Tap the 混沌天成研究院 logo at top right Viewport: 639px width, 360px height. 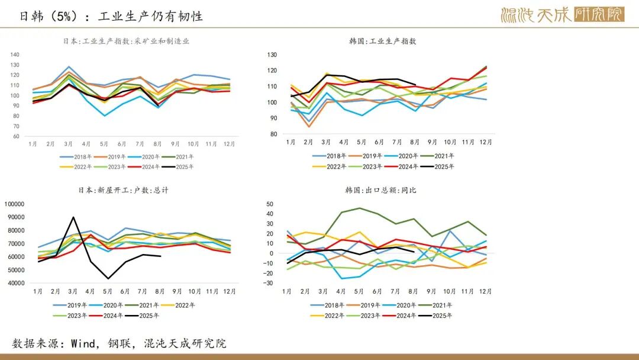tap(561, 15)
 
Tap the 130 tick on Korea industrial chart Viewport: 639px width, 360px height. tap(272, 55)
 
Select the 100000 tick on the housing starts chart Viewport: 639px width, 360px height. tap(14, 204)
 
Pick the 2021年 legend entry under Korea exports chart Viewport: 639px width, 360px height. tap(443, 306)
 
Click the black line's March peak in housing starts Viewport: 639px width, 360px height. tap(73, 217)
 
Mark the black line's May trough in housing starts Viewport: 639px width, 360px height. tap(108, 278)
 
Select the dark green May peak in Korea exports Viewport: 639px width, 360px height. tap(360, 208)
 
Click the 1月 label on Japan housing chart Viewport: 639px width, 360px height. tap(38, 291)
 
